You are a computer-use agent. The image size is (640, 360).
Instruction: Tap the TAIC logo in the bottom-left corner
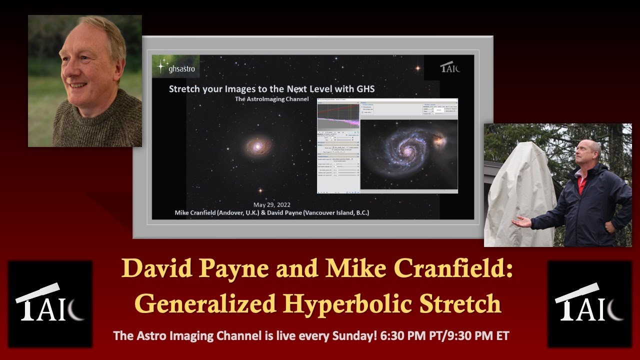click(x=50, y=303)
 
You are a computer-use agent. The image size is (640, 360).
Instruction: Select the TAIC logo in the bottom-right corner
click(x=589, y=303)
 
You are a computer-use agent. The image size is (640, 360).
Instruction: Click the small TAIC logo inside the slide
click(x=449, y=67)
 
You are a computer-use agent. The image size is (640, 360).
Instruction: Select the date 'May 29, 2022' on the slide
click(x=271, y=205)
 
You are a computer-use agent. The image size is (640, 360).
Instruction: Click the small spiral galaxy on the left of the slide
click(x=258, y=146)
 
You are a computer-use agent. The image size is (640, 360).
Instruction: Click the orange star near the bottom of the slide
click(x=259, y=190)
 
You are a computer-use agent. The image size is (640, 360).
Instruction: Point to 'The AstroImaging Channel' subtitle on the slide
click(x=271, y=99)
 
